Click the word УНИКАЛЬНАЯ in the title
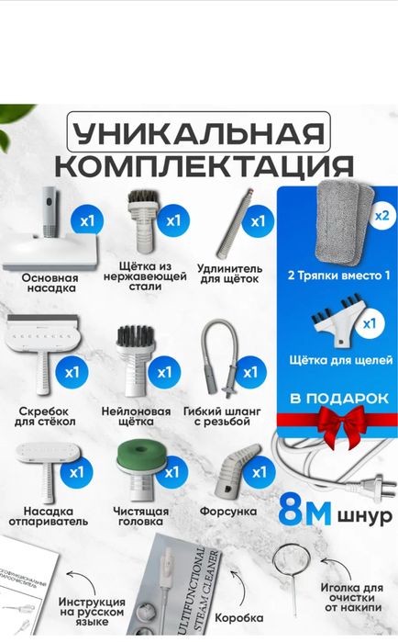coord(198,134)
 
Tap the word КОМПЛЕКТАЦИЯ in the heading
coord(204,166)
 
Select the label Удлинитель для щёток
coord(228,273)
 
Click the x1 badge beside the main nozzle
coord(88,221)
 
